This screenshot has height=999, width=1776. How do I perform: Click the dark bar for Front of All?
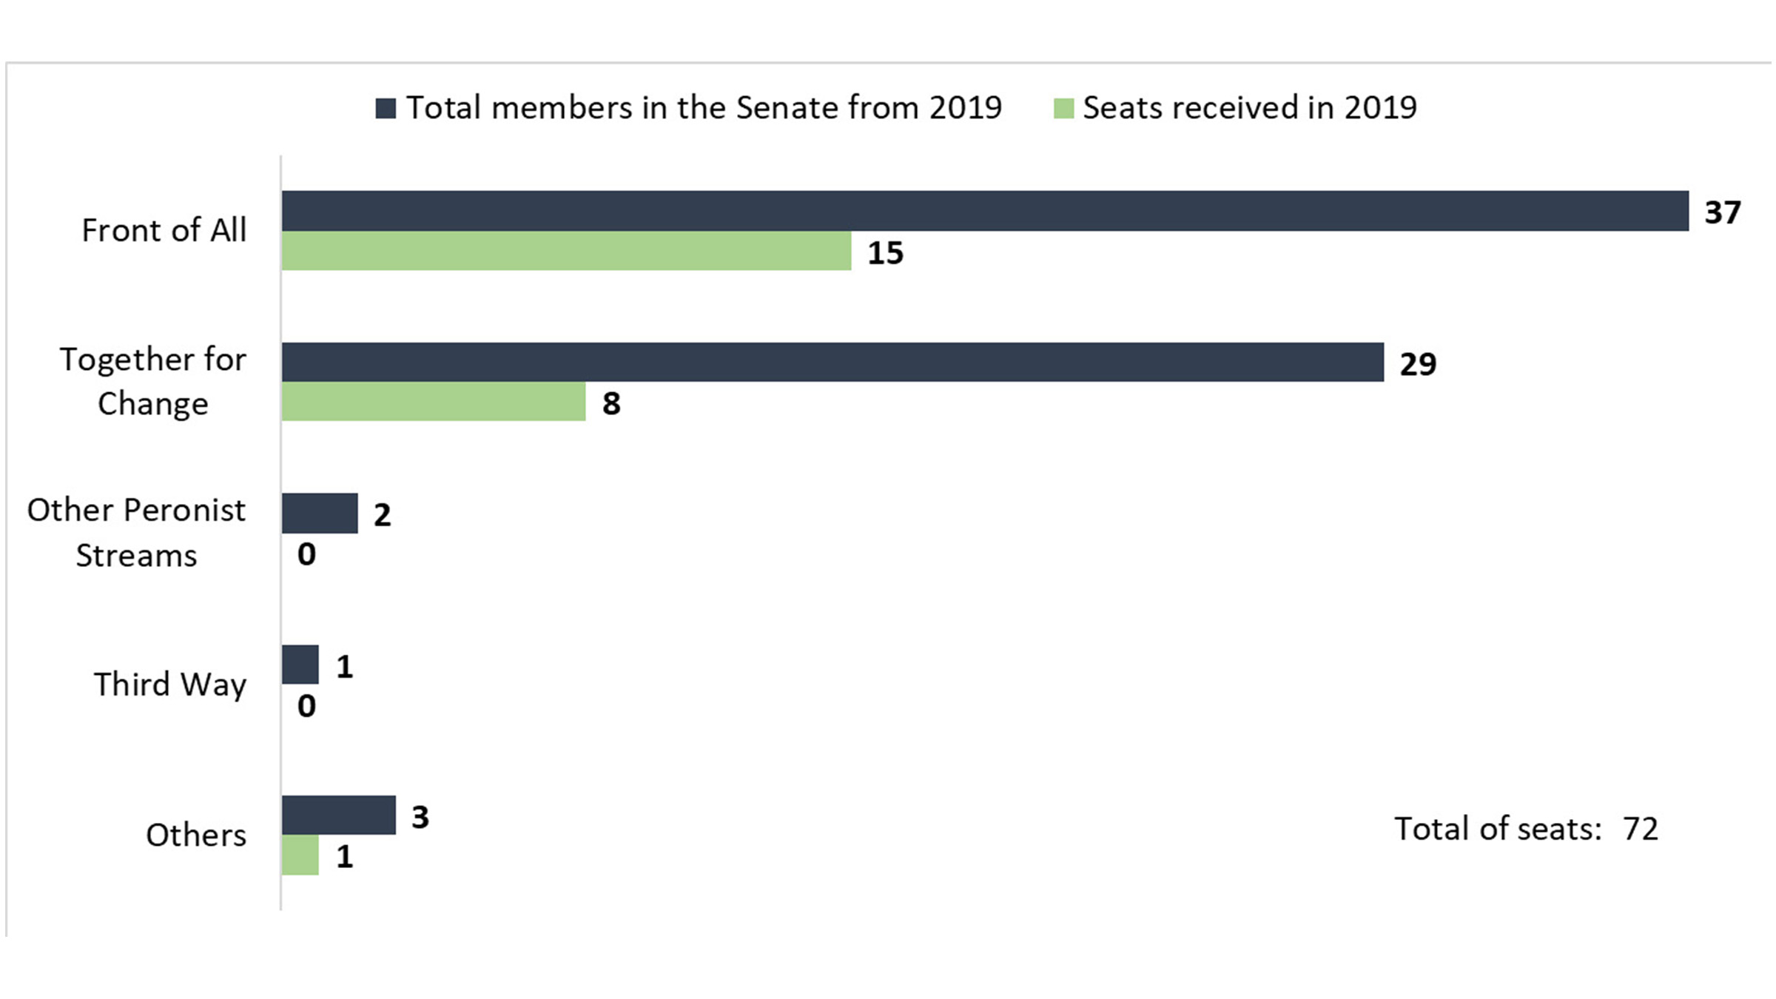click(984, 211)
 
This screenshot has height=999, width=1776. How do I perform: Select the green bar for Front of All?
click(566, 251)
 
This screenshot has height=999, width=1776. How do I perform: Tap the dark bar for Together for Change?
click(832, 362)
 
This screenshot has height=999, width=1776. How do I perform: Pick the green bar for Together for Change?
click(433, 402)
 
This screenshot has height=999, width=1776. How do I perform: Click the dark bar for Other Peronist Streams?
click(320, 514)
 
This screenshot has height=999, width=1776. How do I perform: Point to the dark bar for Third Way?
click(300, 665)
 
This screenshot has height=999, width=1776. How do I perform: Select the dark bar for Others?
click(338, 815)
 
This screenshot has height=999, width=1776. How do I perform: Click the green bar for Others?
click(300, 855)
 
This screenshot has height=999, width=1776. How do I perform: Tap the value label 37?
click(1722, 212)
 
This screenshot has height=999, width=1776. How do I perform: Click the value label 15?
click(885, 253)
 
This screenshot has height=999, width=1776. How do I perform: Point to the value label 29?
click(1417, 364)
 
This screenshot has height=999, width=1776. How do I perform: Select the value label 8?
click(611, 404)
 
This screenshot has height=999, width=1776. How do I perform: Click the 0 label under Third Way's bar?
click(306, 706)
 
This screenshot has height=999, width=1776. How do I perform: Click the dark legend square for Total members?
click(386, 108)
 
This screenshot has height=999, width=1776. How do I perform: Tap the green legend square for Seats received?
click(1063, 108)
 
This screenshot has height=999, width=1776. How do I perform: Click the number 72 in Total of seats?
click(1640, 829)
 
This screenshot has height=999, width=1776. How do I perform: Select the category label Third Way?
click(169, 684)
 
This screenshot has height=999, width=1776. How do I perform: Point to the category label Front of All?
click(164, 230)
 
